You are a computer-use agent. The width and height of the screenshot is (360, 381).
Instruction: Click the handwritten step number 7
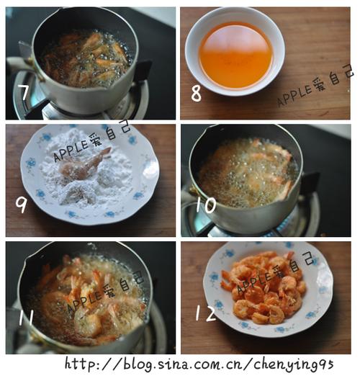point(24,92)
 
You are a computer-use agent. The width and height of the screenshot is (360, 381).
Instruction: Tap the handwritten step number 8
point(197,94)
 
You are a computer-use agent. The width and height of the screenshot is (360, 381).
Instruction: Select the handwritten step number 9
point(21,205)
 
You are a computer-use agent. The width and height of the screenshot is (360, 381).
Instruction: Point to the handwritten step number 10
point(206,205)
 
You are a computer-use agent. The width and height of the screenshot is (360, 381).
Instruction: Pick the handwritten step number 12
point(206,313)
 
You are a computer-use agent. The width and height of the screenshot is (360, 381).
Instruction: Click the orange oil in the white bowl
point(235,55)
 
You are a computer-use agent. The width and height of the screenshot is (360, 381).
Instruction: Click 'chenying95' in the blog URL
point(294,364)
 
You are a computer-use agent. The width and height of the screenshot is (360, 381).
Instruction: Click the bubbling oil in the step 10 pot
point(248,172)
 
